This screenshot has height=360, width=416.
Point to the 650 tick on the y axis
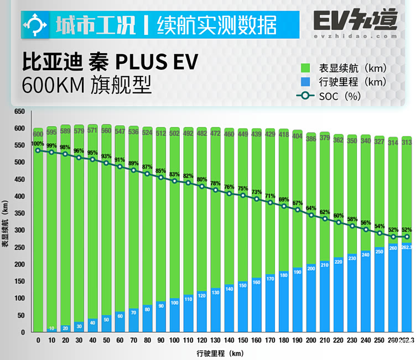click(x=20, y=112)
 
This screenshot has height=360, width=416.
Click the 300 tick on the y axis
click(x=20, y=231)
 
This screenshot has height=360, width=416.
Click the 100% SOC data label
click(x=37, y=144)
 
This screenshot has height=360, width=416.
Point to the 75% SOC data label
click(x=242, y=189)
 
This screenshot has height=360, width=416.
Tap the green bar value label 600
click(x=38, y=134)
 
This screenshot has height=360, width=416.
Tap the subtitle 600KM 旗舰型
click(x=86, y=86)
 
